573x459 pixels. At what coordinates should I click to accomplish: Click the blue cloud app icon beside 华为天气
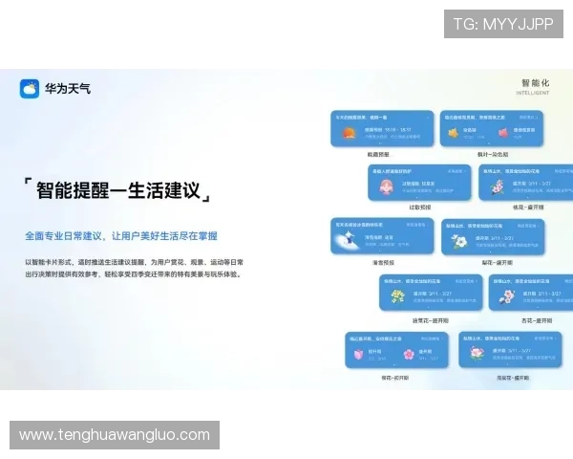[30, 89]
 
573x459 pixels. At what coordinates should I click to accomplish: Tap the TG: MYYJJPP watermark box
[503, 24]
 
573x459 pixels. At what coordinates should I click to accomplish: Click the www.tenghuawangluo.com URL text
[115, 435]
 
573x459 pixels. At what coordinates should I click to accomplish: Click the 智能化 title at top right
[537, 83]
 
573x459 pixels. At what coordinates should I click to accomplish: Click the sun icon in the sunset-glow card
[349, 133]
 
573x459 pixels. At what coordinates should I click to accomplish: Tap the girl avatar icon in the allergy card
[385, 186]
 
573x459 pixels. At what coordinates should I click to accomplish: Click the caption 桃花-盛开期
[527, 207]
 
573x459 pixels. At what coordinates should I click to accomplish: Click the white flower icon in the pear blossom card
[460, 242]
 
